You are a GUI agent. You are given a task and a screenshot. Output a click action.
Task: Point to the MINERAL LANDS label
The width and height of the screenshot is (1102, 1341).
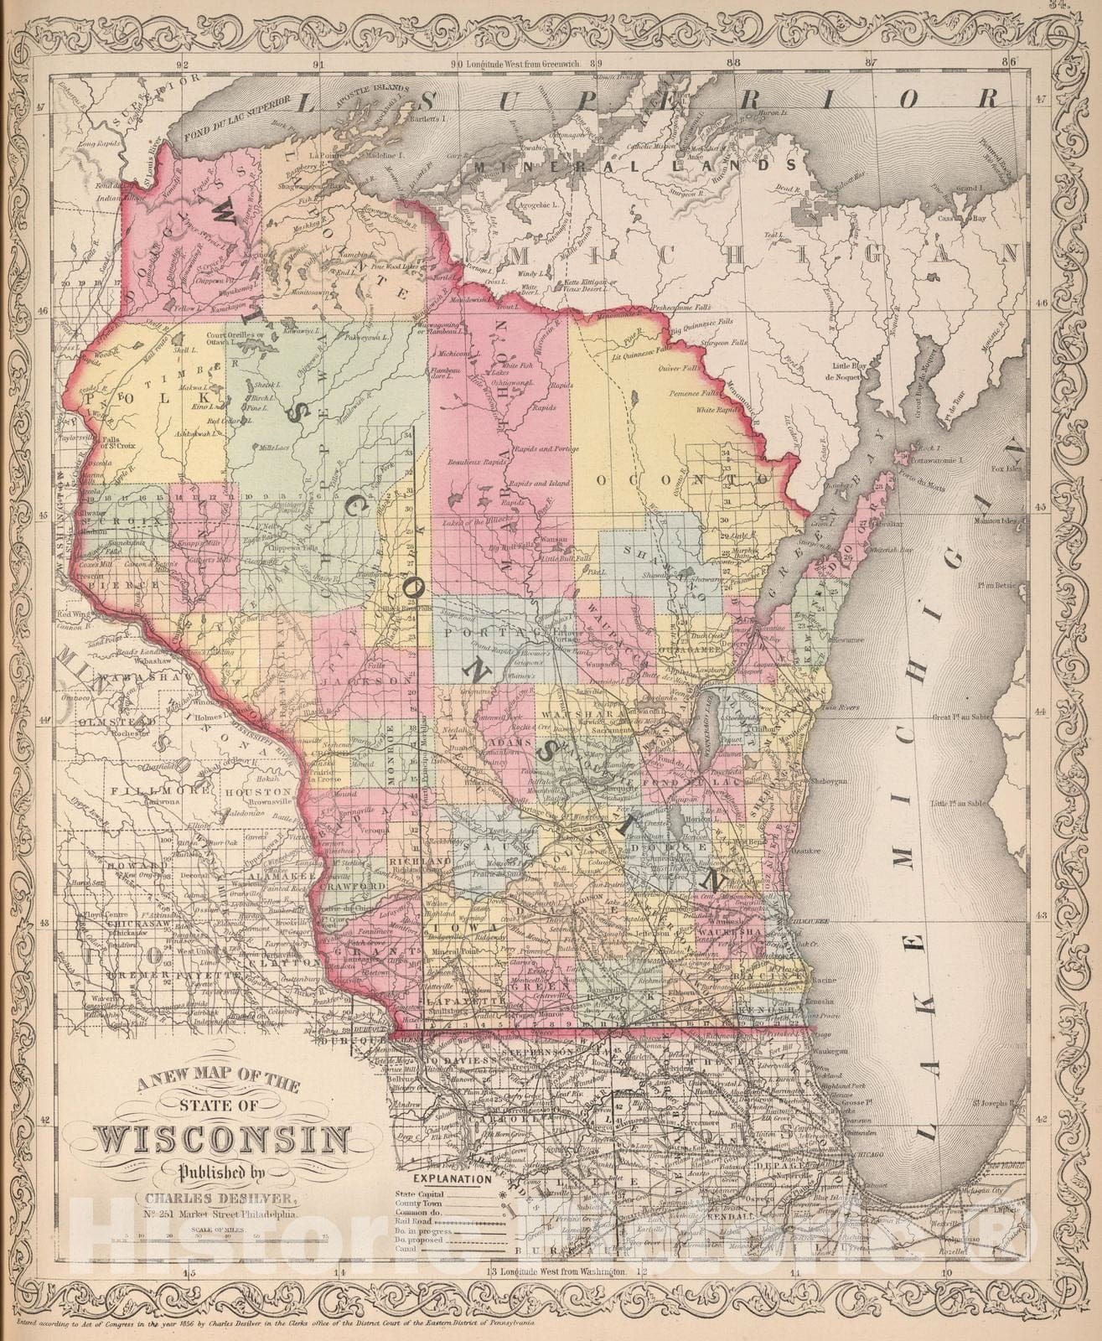coord(634,166)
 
